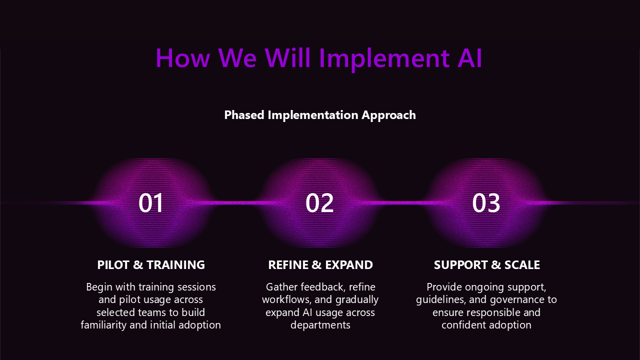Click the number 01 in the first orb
(151, 203)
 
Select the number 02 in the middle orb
(319, 203)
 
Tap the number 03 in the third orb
(486, 203)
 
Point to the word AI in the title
(470, 58)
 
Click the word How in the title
(183, 58)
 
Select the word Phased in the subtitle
(244, 115)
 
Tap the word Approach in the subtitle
(388, 115)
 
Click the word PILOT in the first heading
(113, 265)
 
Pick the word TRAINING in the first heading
(175, 265)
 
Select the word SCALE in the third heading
(522, 265)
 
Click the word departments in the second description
(320, 325)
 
